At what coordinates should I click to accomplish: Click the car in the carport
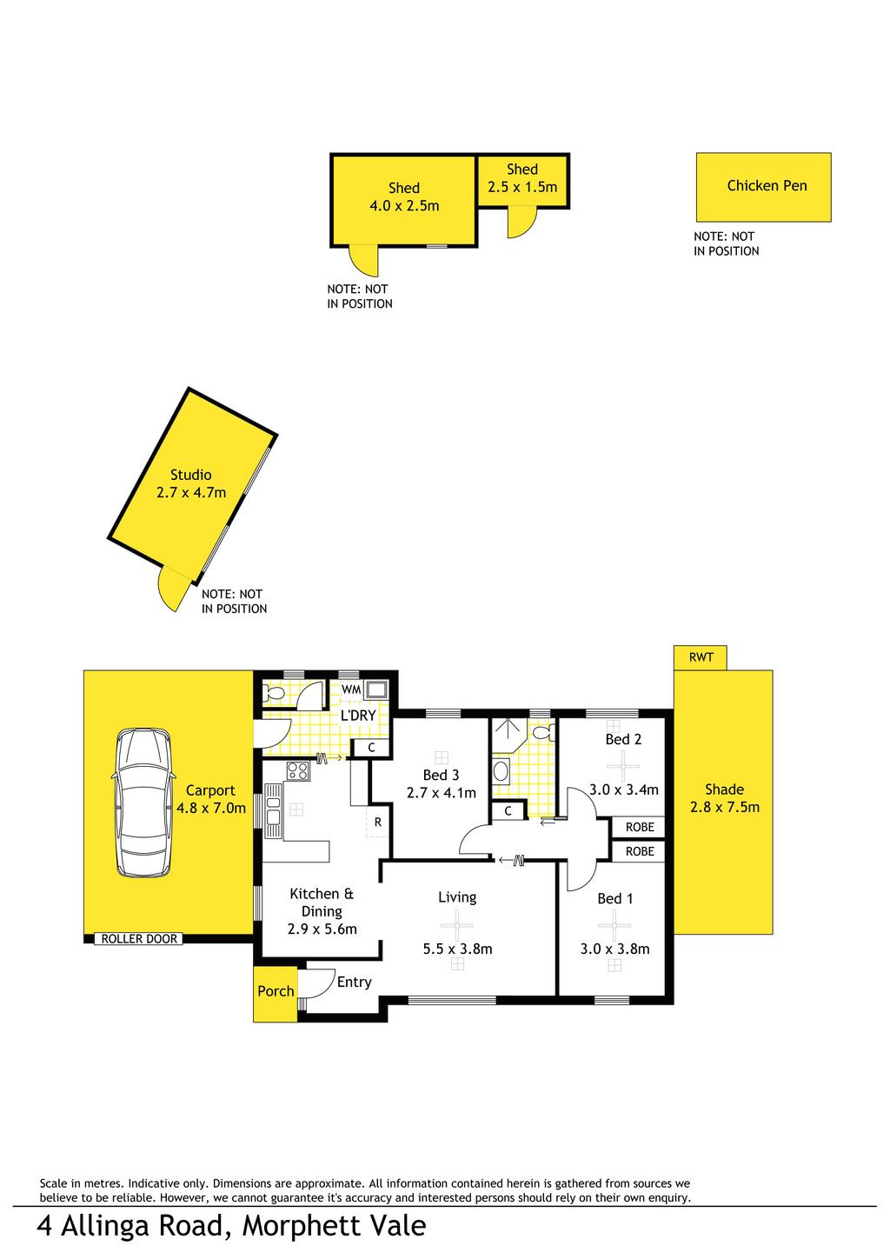pos(143,803)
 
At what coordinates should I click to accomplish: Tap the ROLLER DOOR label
pos(139,939)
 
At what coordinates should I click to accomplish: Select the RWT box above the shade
pos(700,657)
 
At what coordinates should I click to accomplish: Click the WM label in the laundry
pos(351,689)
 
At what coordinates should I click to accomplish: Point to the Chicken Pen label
pos(767,185)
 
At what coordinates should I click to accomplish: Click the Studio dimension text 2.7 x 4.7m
pos(191,493)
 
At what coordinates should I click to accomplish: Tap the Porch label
pos(276,991)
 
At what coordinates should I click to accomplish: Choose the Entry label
pos(354,983)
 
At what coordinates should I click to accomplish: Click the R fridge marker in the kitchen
pos(377,823)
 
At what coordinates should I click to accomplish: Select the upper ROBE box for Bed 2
pos(640,827)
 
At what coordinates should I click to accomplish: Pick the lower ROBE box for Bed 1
pos(640,851)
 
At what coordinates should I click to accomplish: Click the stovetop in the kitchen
pos(298,770)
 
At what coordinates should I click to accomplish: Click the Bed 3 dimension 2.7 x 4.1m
pos(441,792)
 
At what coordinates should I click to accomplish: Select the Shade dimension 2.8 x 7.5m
pos(724,807)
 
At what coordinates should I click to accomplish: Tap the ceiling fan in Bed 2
pos(623,766)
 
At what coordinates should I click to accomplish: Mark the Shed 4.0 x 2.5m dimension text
pos(404,206)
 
